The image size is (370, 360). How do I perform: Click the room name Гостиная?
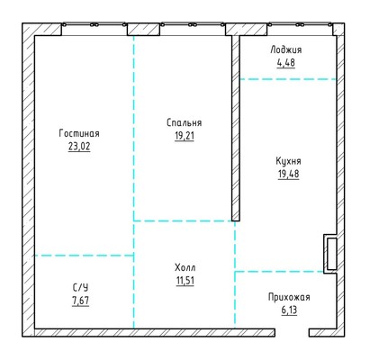point(79,133)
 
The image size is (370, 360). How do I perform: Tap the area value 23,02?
point(79,147)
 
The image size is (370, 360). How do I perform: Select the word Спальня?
point(185,122)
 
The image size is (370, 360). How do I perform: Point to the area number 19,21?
point(185,136)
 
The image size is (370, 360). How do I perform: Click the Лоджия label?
point(286,49)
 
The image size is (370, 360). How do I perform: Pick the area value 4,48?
point(286,63)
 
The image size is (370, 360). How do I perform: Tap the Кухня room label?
point(288,161)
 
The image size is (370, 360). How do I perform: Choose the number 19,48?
point(288,175)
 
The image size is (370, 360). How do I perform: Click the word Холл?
point(185,267)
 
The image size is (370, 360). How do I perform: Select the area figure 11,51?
point(185,281)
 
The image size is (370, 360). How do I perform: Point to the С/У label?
point(81,288)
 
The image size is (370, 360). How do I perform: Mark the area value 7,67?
point(81,301)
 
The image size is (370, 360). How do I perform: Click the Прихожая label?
point(289,297)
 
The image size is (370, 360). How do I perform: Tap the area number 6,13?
point(289,310)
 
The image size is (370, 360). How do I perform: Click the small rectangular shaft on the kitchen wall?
point(330,254)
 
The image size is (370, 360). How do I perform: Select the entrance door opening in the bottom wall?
point(292,332)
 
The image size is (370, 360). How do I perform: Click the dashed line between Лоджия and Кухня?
point(288,79)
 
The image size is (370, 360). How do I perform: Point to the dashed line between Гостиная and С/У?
point(84,256)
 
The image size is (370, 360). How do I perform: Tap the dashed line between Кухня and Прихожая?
point(279,272)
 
